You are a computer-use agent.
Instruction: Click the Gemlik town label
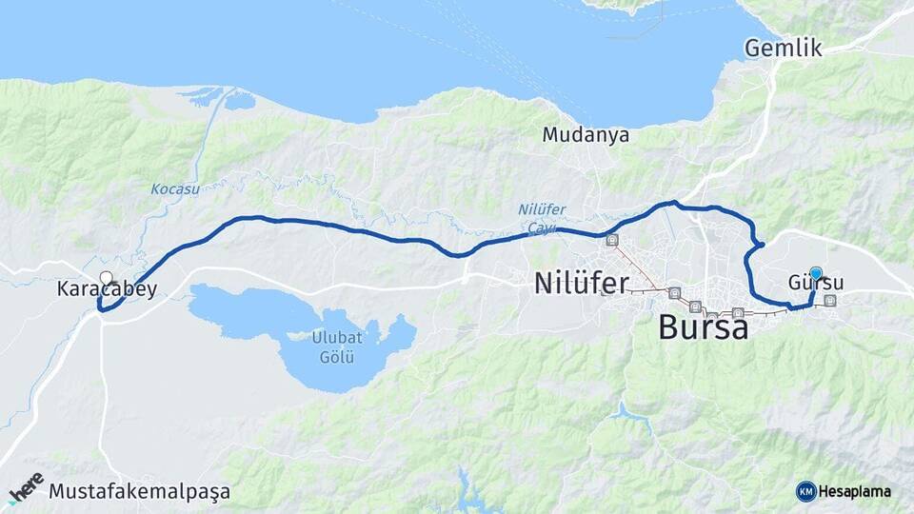pos(783,48)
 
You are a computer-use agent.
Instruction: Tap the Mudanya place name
pos(586,135)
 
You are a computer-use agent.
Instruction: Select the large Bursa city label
pos(703,328)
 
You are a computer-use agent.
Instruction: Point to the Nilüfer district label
pos(581,283)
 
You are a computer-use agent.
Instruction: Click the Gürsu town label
pos(816,284)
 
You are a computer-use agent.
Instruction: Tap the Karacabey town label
pos(107,289)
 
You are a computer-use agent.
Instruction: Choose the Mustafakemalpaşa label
pos(139,493)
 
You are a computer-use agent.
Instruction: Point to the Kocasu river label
pos(175,188)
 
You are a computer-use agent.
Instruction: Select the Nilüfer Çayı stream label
pos(535,219)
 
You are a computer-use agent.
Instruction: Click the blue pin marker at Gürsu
pos(815,272)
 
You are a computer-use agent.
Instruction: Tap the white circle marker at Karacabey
pos(106,279)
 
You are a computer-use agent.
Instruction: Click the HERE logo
pos(26,486)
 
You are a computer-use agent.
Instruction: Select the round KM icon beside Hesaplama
pos(805,491)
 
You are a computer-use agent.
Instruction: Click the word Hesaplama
pos(855,492)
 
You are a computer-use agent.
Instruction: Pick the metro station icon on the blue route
pos(611,241)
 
